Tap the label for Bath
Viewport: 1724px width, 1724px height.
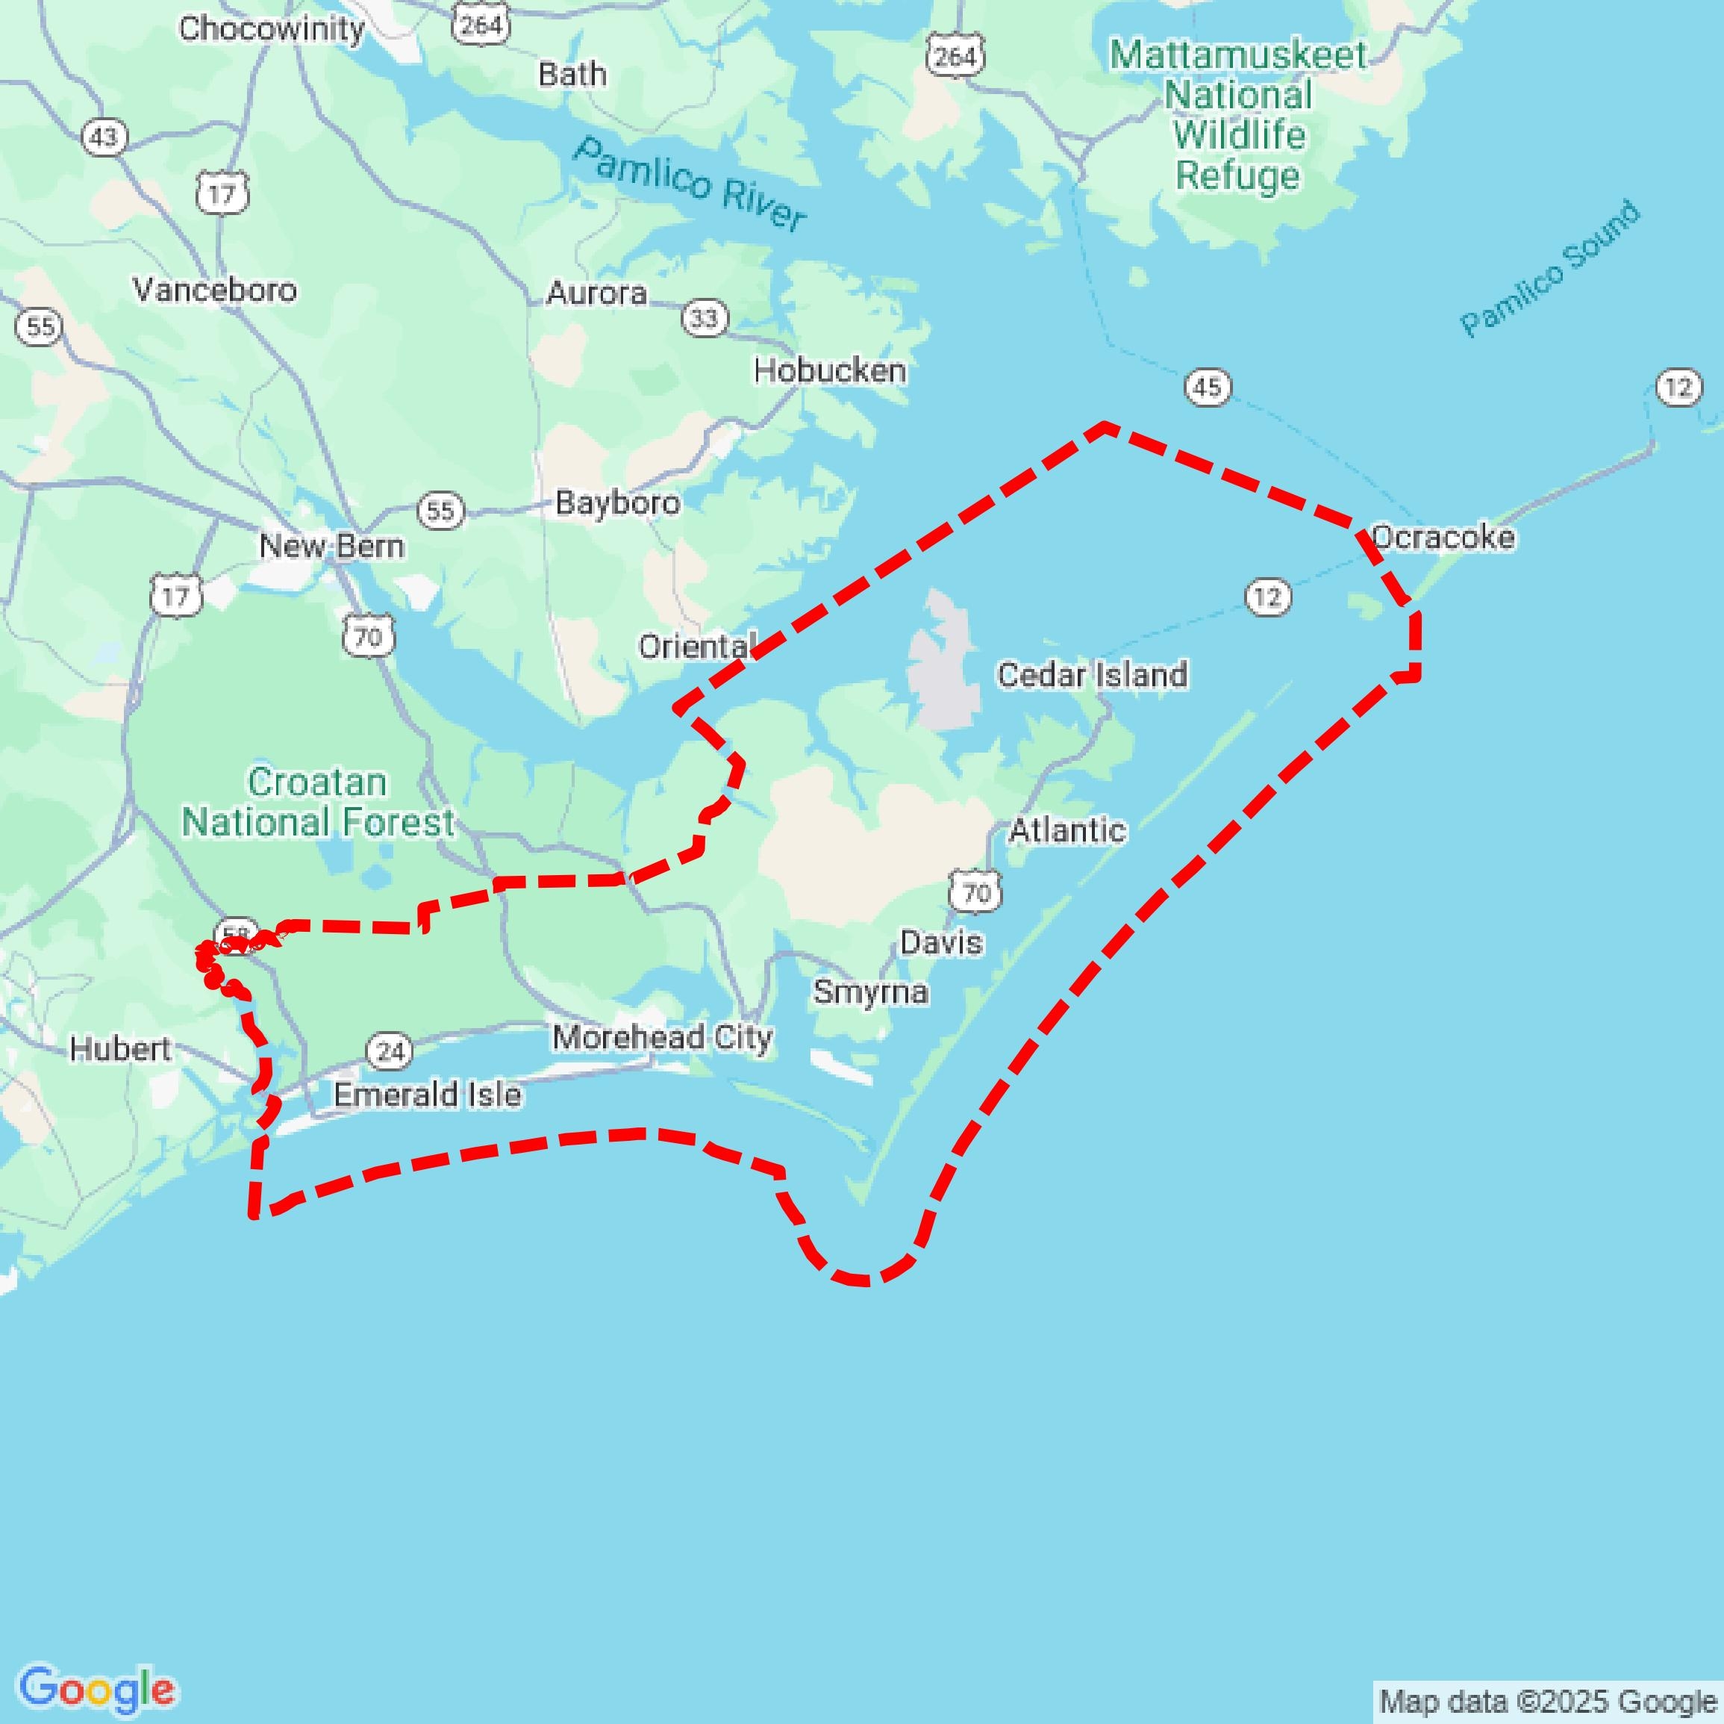[x=572, y=74]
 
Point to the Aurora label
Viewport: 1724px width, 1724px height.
[x=596, y=293]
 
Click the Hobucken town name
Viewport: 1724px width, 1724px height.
[x=829, y=370]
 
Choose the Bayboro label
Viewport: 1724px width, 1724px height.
[x=616, y=502]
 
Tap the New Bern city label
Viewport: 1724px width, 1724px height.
[x=331, y=546]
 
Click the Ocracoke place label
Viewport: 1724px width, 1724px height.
[x=1442, y=538]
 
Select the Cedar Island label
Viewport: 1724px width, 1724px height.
[x=1091, y=675]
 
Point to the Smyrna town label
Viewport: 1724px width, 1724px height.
[x=870, y=992]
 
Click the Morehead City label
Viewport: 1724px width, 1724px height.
[x=661, y=1037]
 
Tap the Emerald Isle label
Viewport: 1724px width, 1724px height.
[x=427, y=1095]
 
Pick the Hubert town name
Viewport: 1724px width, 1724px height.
[x=119, y=1049]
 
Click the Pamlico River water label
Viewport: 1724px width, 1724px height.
[x=690, y=184]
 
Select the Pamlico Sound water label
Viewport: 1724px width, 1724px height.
[x=1549, y=269]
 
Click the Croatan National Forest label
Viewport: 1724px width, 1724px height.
[x=318, y=802]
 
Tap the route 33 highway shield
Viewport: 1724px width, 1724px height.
[x=704, y=318]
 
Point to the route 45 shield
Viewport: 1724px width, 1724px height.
[x=1208, y=388]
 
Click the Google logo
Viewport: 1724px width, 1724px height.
[x=96, y=1689]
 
